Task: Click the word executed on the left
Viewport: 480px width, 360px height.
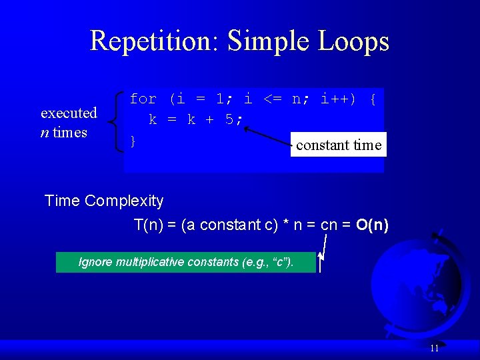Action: point(69,113)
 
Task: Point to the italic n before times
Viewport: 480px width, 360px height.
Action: point(44,132)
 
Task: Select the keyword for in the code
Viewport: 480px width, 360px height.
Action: point(143,99)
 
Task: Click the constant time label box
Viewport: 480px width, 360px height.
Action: point(339,145)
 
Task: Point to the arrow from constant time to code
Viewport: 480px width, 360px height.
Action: point(267,132)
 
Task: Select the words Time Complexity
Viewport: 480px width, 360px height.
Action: point(103,201)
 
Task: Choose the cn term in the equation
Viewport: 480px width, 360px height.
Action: point(329,225)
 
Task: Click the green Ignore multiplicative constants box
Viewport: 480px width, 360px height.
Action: point(185,262)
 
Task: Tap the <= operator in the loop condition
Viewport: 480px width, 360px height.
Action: point(272,99)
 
